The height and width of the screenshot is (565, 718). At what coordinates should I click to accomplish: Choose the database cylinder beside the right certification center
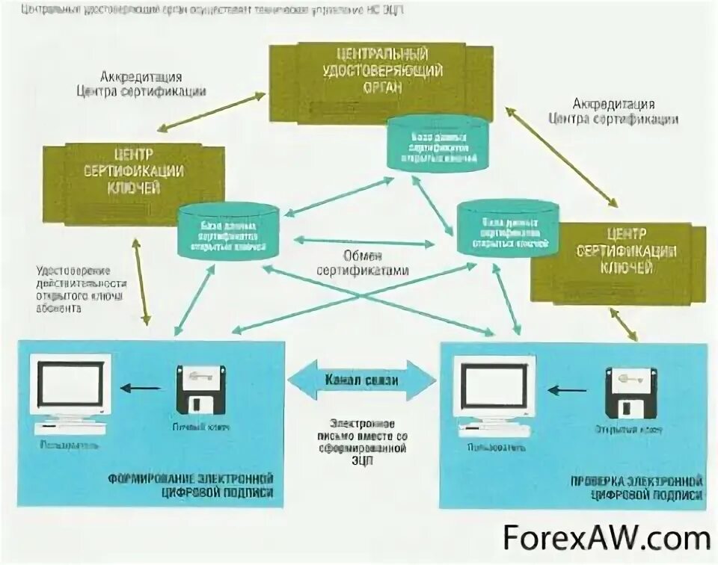pyautogui.click(x=506, y=226)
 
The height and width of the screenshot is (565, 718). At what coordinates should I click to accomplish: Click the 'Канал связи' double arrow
pyautogui.click(x=361, y=380)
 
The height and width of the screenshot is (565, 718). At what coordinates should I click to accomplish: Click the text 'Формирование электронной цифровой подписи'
pyautogui.click(x=191, y=485)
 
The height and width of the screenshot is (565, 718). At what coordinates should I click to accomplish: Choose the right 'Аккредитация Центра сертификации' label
pyautogui.click(x=613, y=112)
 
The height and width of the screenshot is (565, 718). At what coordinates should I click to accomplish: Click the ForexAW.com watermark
pyautogui.click(x=606, y=538)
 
